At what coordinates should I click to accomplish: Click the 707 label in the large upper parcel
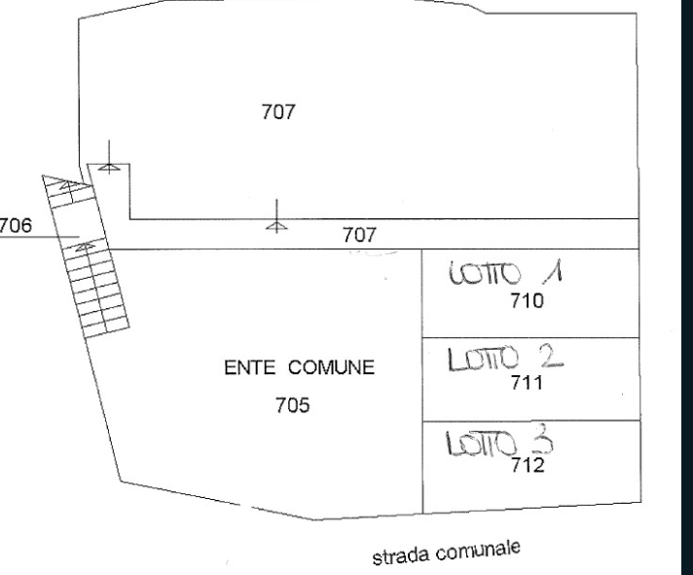click(x=278, y=111)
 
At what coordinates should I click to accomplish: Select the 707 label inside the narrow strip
click(x=360, y=235)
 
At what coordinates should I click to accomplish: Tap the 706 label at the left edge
click(x=16, y=225)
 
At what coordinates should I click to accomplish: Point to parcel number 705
click(x=293, y=405)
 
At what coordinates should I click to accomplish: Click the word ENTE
click(x=250, y=367)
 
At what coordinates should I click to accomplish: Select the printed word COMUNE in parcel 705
click(x=332, y=367)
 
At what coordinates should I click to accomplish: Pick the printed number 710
click(x=527, y=301)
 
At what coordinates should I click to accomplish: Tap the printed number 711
click(x=527, y=382)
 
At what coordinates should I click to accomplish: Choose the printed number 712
click(x=528, y=465)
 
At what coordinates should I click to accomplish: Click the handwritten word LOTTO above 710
click(x=485, y=273)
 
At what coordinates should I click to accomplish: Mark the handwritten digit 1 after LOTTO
click(x=553, y=271)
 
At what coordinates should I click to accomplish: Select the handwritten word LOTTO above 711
click(x=483, y=359)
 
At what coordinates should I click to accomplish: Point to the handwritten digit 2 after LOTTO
click(x=552, y=357)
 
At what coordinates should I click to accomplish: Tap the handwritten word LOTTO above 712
click(x=481, y=443)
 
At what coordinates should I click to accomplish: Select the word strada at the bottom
click(x=400, y=556)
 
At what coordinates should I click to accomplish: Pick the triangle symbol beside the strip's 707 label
click(x=276, y=226)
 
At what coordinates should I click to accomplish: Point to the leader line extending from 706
click(x=40, y=237)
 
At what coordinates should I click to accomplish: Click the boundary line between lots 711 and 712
click(x=531, y=420)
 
